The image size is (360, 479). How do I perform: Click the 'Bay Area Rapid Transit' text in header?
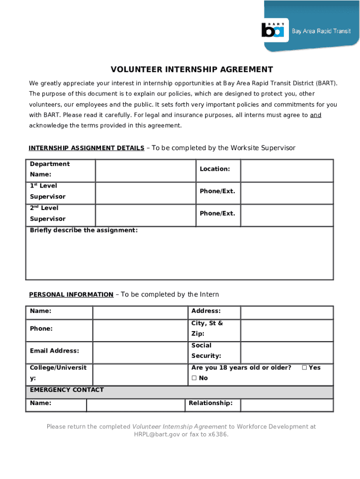(x=321, y=31)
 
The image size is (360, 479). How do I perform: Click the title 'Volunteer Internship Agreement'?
(x=192, y=70)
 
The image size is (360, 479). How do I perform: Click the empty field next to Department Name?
(x=145, y=171)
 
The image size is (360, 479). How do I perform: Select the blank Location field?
(x=287, y=171)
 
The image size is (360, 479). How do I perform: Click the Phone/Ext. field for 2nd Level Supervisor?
(x=287, y=215)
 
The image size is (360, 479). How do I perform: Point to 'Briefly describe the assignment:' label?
(x=84, y=230)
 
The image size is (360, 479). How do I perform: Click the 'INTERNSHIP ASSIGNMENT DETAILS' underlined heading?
(x=86, y=148)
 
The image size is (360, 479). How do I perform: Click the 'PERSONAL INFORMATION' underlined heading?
(x=71, y=295)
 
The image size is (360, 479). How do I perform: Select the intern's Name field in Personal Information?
(x=140, y=312)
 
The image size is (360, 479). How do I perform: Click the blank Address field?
(x=287, y=312)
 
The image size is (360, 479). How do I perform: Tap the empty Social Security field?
(x=287, y=353)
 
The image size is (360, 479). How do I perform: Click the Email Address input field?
(x=140, y=353)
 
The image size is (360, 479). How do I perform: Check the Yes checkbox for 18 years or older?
(x=304, y=368)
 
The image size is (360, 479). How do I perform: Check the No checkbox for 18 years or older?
(x=194, y=378)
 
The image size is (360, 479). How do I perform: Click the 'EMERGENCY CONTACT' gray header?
(x=67, y=390)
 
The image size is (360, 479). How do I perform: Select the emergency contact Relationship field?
(x=287, y=405)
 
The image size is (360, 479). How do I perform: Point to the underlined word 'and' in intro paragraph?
(x=316, y=115)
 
